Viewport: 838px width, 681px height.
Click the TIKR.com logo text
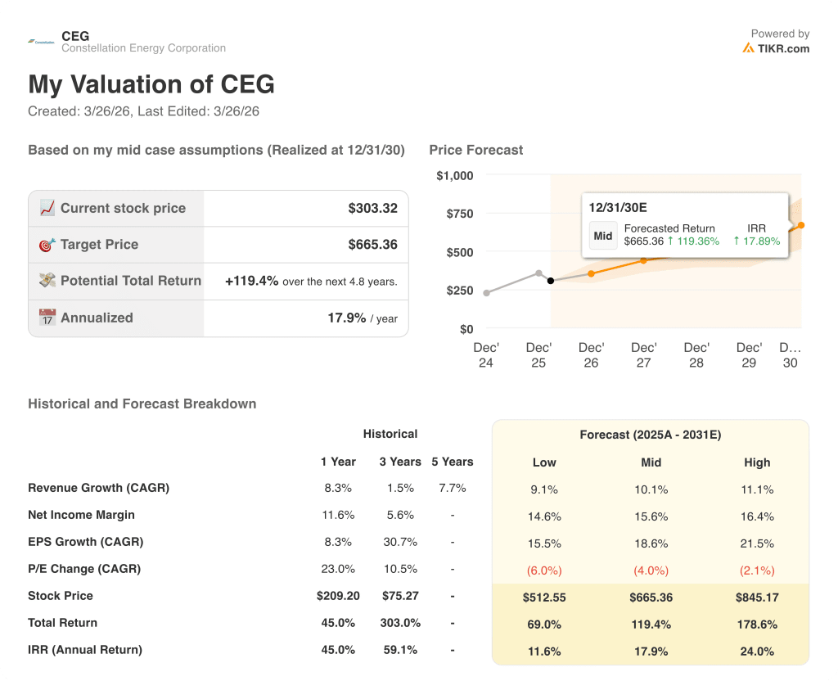coord(782,48)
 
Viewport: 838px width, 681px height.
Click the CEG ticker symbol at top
coord(75,36)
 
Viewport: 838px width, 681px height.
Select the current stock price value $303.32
coord(372,208)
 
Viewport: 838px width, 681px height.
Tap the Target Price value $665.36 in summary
coord(372,245)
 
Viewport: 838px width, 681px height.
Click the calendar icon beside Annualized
coord(47,318)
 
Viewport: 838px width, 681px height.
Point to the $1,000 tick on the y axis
coord(454,175)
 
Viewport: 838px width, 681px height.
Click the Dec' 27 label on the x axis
coord(643,354)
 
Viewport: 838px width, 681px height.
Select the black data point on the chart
coord(550,281)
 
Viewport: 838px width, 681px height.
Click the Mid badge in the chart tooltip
coord(603,236)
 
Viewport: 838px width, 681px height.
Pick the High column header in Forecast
coord(757,462)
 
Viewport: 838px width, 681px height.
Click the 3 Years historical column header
coord(400,462)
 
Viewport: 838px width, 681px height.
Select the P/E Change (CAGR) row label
coord(84,569)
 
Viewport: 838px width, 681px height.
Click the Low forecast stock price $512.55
coord(544,598)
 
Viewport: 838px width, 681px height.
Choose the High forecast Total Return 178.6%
coord(757,625)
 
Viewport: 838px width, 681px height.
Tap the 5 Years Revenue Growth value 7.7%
coord(452,488)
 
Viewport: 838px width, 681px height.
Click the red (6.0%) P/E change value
coord(544,571)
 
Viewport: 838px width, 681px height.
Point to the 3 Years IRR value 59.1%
coord(400,650)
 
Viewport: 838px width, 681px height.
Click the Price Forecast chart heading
coord(475,150)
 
